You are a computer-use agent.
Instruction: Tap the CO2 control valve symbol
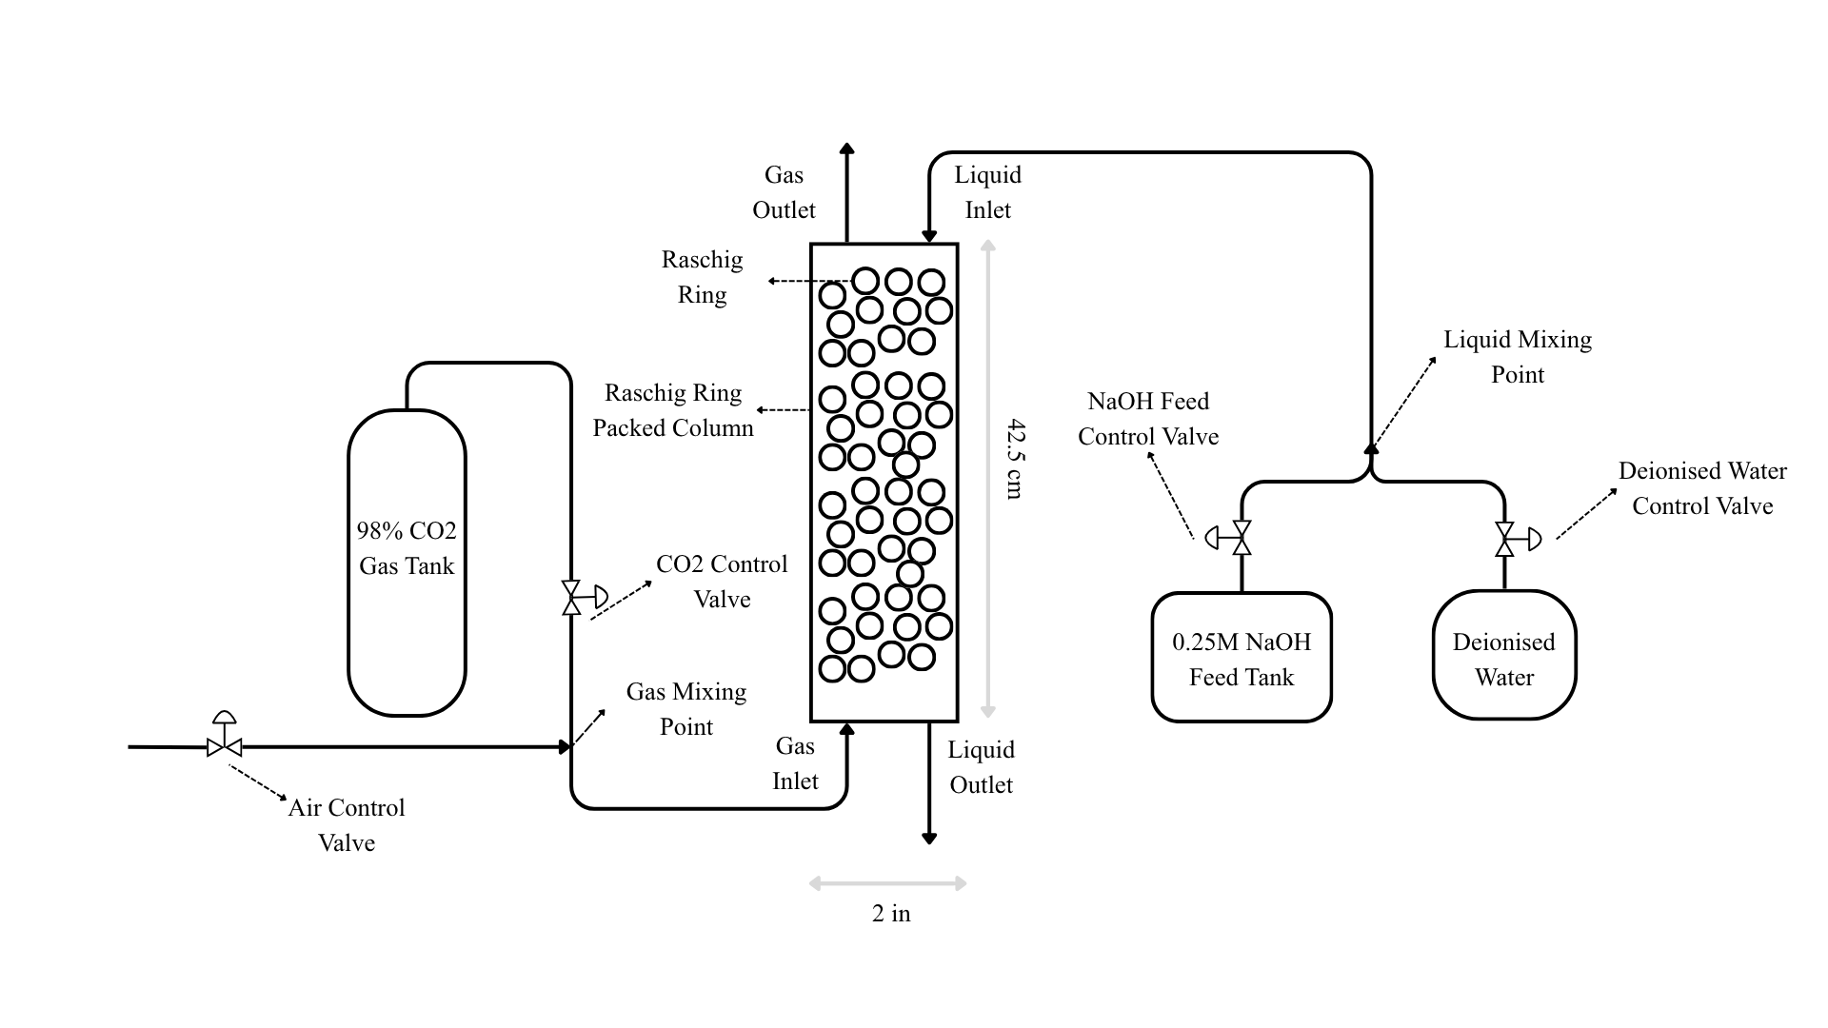[x=572, y=598]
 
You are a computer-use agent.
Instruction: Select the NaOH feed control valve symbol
[x=1241, y=539]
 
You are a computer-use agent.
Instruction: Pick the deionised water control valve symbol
[x=1505, y=540]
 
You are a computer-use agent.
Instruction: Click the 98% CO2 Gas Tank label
[x=407, y=548]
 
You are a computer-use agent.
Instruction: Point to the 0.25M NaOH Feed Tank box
[x=1241, y=658]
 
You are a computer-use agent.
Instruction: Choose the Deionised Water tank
[x=1504, y=657]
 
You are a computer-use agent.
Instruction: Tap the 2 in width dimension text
[x=891, y=914]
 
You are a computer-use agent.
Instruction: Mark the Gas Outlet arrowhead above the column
[x=846, y=149]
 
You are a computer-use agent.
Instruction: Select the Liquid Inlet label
[x=987, y=192]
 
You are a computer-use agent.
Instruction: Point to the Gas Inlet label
[x=795, y=763]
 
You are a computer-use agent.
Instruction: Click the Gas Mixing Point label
[x=685, y=709]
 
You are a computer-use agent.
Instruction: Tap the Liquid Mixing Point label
[x=1517, y=357]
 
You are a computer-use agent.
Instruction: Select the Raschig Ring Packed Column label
[x=673, y=410]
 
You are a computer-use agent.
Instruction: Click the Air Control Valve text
[x=347, y=825]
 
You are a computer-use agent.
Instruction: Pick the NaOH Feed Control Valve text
[x=1148, y=419]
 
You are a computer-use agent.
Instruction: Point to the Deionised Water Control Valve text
[x=1702, y=488]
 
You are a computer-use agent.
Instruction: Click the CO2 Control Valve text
[x=722, y=582]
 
